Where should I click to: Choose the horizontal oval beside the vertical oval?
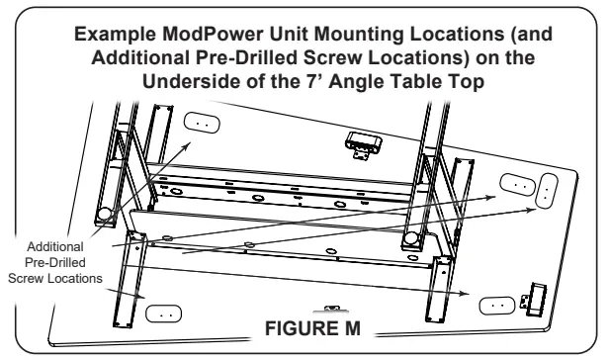coord(517,185)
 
